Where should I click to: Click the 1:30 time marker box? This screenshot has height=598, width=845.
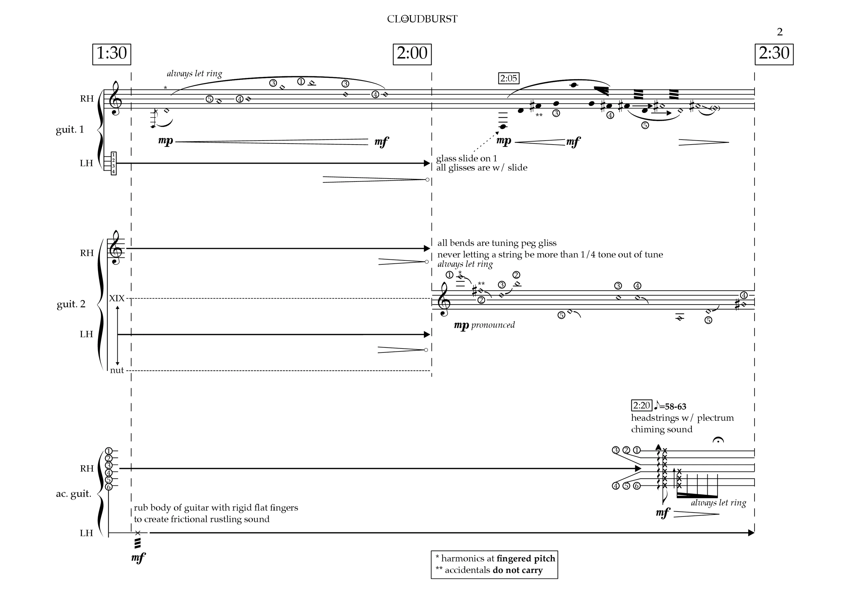coord(112,54)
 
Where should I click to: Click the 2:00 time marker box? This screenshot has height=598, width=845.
coord(412,54)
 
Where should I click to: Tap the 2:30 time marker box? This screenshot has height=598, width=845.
coord(774,54)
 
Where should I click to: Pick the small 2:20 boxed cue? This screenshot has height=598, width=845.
coord(641,405)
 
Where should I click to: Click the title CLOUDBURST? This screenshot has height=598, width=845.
coord(422,19)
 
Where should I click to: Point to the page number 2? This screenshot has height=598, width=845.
coord(779,32)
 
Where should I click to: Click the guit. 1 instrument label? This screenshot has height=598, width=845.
coord(70,130)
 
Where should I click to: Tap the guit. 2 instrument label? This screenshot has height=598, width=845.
coord(71,304)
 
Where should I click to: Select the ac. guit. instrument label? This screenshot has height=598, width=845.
coord(74,494)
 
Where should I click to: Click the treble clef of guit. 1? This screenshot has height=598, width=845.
coord(116,98)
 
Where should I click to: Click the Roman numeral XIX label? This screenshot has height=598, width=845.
coord(117,298)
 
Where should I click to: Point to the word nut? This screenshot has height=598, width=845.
coord(117,370)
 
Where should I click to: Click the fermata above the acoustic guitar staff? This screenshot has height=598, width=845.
coord(718,440)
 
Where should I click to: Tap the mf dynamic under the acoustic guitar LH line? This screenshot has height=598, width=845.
coord(138,558)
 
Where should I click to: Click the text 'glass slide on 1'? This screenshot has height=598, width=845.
coord(466,158)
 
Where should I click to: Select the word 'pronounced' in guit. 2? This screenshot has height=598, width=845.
coord(493,325)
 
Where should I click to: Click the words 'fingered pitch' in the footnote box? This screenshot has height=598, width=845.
coord(526,559)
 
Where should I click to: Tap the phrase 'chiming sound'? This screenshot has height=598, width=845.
coord(661,429)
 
